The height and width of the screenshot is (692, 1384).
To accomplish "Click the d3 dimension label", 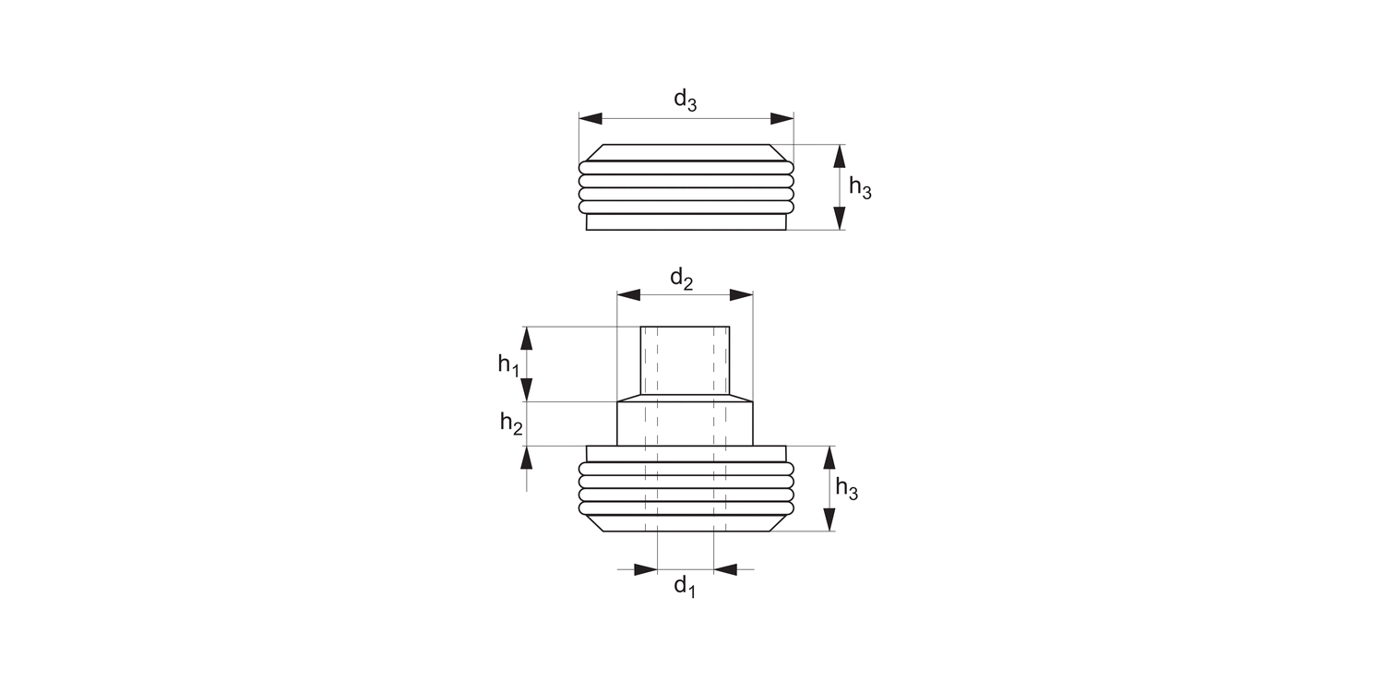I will click(685, 100).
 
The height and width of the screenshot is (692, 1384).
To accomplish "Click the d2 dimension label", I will click(682, 278).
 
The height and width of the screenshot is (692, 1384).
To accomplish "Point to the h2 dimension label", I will click(511, 424).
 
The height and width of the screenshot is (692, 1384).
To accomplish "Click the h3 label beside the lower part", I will click(846, 490).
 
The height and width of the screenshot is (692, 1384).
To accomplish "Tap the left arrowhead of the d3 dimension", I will click(591, 119).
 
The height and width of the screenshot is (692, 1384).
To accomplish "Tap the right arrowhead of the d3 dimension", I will click(781, 119).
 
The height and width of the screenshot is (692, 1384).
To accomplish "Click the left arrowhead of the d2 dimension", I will click(628, 295).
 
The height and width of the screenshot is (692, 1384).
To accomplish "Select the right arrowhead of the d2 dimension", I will click(741, 295).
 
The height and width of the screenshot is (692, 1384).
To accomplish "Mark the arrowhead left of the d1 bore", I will click(645, 569).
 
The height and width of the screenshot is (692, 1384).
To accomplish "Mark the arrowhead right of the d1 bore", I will click(726, 569).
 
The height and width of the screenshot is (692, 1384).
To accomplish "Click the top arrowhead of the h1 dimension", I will click(527, 338).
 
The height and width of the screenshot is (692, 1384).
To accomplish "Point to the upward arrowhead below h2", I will click(527, 458).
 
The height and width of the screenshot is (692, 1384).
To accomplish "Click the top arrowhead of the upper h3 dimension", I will click(839, 156).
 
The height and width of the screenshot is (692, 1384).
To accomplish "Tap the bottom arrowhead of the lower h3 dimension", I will click(828, 519).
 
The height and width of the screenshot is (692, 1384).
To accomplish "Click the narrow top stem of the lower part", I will click(686, 363).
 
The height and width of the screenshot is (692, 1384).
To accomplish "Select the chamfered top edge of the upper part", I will click(686, 152).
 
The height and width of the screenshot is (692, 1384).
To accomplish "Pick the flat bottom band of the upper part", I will click(686, 222).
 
